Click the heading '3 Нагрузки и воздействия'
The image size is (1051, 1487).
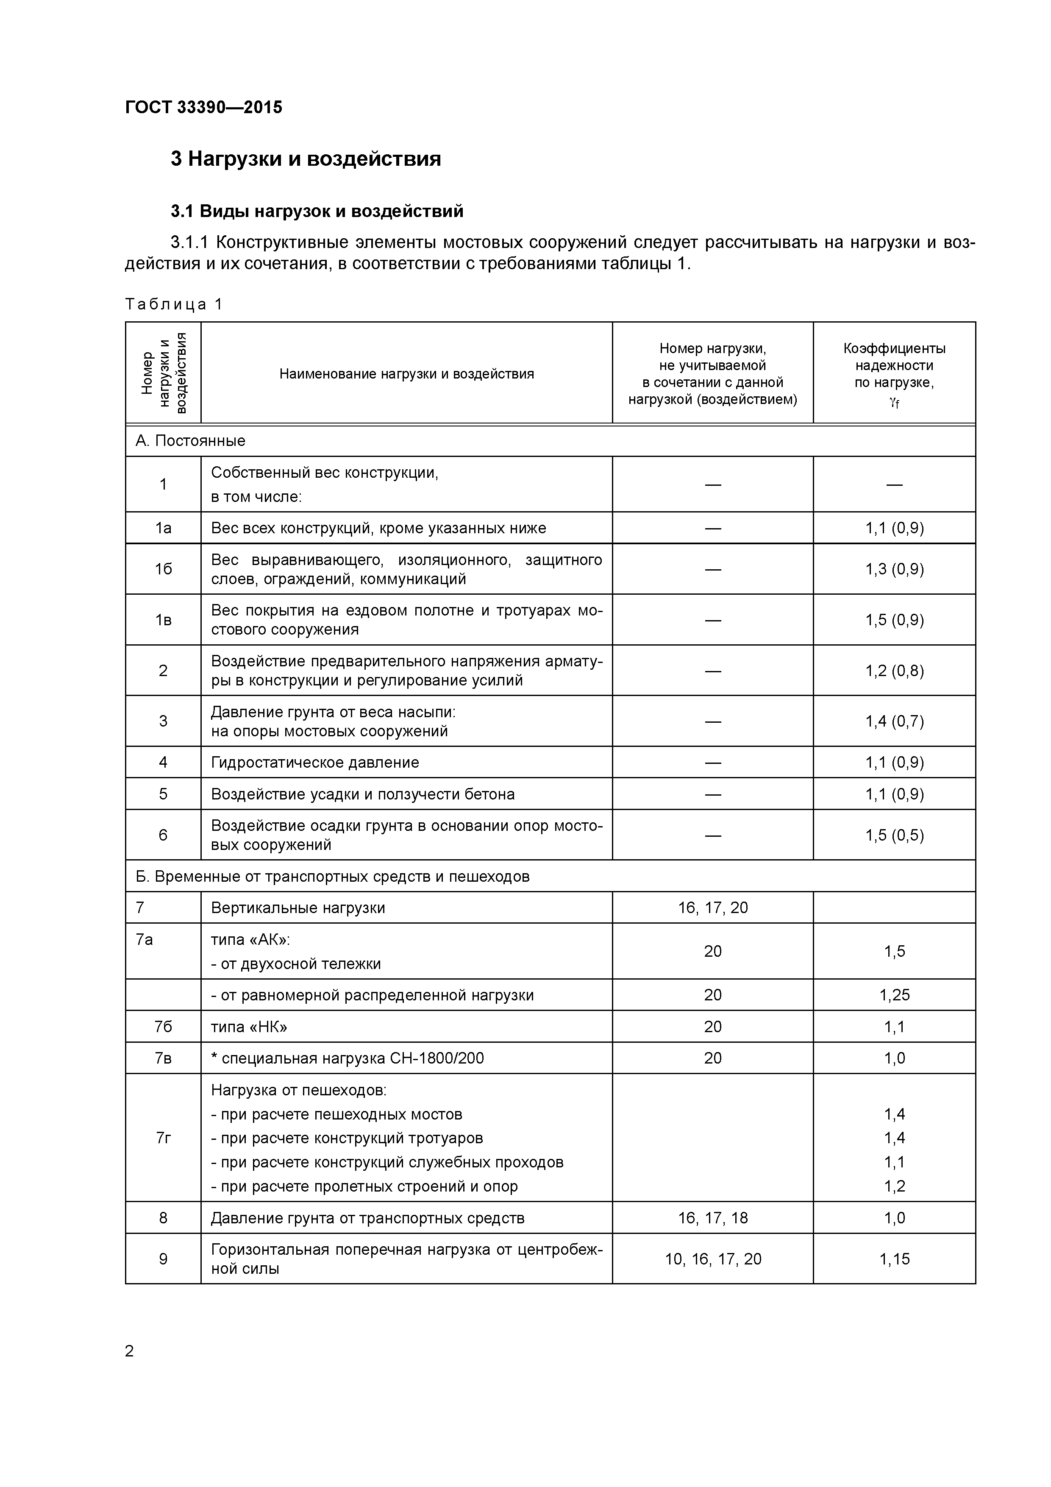coord(306,159)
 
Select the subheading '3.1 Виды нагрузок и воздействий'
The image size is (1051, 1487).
coord(317,211)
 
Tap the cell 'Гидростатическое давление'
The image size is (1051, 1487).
coord(315,762)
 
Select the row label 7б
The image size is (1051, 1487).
coord(163,1027)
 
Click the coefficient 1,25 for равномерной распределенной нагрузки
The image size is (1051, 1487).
coord(894,995)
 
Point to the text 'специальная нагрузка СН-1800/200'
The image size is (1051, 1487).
coord(352,1058)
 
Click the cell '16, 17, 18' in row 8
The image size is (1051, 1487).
coord(712,1218)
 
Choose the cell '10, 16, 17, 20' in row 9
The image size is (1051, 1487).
coord(712,1259)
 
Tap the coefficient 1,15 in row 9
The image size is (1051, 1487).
coord(894,1259)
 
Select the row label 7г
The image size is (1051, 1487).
coord(163,1138)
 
